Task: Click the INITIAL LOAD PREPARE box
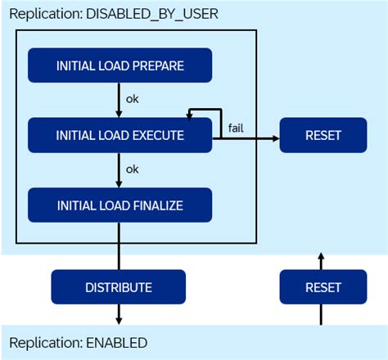[x=120, y=65]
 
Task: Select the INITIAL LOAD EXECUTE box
[x=120, y=135]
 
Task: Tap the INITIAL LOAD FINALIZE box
[x=120, y=205]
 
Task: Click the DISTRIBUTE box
[x=119, y=287]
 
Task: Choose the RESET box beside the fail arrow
[x=323, y=135]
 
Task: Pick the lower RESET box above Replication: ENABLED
[x=323, y=287]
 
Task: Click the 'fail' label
[x=236, y=127]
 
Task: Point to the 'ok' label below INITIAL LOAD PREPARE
[x=133, y=100]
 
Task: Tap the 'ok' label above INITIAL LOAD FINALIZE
[x=133, y=169]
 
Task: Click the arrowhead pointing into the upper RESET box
[x=275, y=139]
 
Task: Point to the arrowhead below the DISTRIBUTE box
[x=120, y=320]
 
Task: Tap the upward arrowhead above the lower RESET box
[x=321, y=256]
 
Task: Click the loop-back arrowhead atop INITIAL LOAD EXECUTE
[x=189, y=117]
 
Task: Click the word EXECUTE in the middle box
[x=155, y=135]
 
